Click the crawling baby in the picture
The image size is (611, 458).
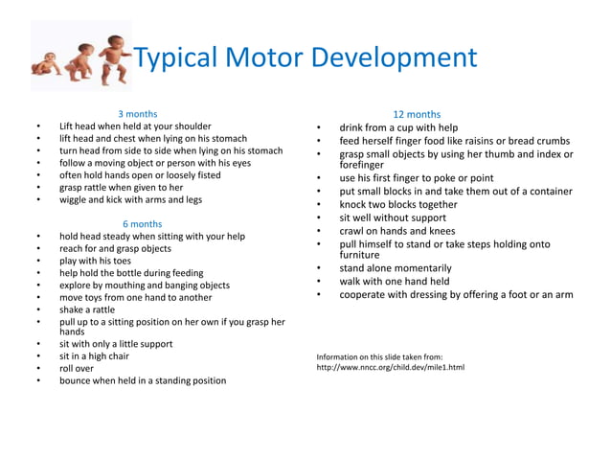pyautogui.click(x=45, y=64)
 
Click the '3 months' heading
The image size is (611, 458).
pyautogui.click(x=138, y=114)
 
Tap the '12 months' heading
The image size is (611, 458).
pyautogui.click(x=418, y=114)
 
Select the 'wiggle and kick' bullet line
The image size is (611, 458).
pyautogui.click(x=130, y=200)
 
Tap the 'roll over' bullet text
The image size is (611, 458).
pyautogui.click(x=77, y=368)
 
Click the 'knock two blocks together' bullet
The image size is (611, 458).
pyautogui.click(x=398, y=204)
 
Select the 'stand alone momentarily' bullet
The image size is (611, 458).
pyautogui.click(x=395, y=268)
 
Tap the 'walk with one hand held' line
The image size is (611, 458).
pyautogui.click(x=394, y=282)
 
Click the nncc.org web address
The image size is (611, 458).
pyautogui.click(x=390, y=368)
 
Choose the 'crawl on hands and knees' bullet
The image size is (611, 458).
pyautogui.click(x=396, y=231)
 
